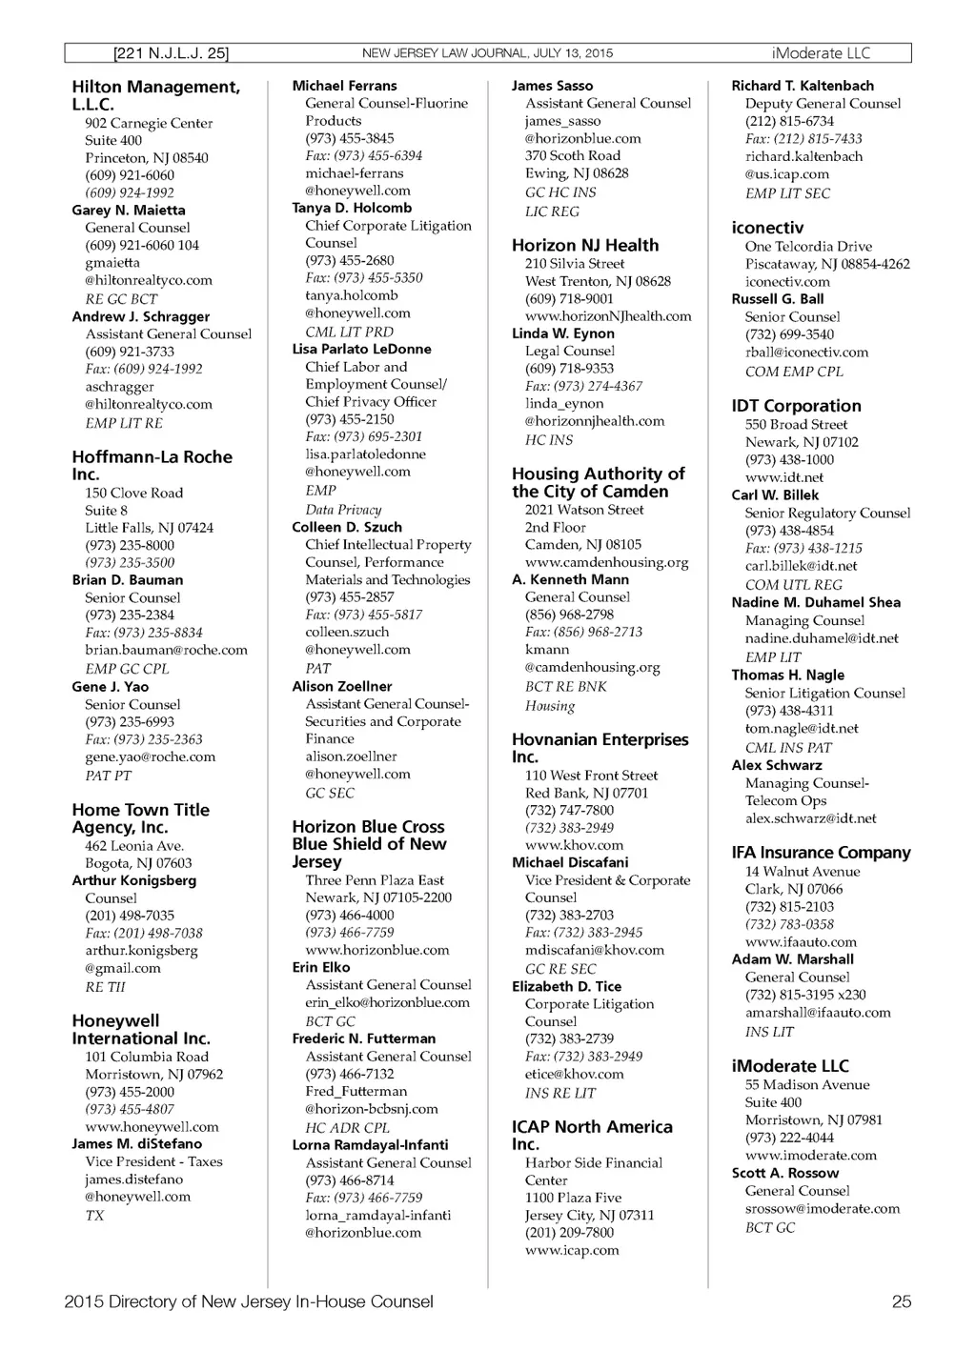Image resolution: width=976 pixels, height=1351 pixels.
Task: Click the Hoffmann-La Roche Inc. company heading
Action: (x=152, y=465)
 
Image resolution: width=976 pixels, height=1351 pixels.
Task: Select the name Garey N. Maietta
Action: (x=129, y=210)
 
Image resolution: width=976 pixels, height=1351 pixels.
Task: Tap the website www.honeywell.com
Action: (x=152, y=1126)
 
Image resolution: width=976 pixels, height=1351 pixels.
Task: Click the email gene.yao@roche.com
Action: (x=150, y=756)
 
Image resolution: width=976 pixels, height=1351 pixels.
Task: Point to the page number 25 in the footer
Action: (x=901, y=1301)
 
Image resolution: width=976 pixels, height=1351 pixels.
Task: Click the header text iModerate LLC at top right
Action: (x=821, y=53)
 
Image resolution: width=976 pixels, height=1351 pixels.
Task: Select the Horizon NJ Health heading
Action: (x=584, y=245)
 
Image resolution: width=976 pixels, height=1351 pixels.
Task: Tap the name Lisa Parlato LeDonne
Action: (x=361, y=349)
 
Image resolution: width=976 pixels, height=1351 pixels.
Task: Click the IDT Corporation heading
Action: (x=796, y=406)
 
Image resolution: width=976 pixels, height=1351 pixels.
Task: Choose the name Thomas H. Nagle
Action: (x=787, y=675)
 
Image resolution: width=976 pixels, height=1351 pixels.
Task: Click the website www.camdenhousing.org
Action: (x=606, y=562)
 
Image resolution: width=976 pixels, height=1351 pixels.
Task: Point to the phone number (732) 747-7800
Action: (x=569, y=810)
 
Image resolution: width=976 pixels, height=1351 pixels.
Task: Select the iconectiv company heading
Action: (x=767, y=228)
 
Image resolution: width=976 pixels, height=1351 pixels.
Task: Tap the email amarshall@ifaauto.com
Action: (x=818, y=1013)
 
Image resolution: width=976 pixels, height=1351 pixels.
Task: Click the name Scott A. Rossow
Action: (x=784, y=1173)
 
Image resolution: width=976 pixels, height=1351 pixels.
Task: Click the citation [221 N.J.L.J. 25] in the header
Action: (x=171, y=53)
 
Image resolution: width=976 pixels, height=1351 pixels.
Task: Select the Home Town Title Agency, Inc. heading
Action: (x=140, y=818)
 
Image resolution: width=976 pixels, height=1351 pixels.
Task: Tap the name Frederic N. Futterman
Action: (x=363, y=1038)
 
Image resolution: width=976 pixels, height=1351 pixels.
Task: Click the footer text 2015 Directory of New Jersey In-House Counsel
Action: (x=249, y=1301)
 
